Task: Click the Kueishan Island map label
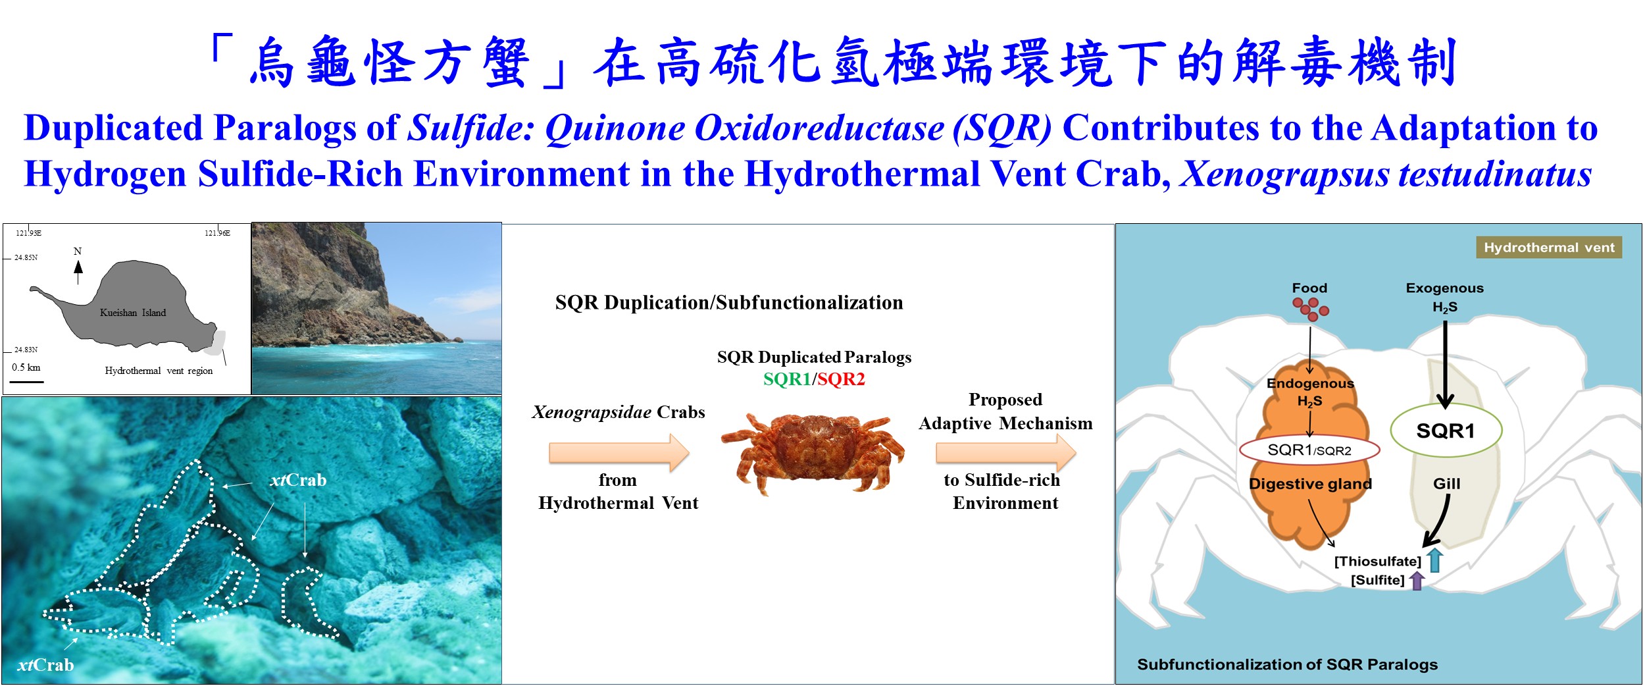coord(133,313)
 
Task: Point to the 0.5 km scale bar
coord(27,381)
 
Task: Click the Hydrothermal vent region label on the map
coord(159,371)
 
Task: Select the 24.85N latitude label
coord(26,257)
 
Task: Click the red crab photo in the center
coord(813,453)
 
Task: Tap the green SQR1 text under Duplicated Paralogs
coord(787,379)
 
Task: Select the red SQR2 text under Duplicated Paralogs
coord(841,379)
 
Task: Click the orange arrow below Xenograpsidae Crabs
coord(619,452)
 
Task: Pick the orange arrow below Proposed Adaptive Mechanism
coord(1006,452)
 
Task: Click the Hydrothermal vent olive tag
coord(1549,248)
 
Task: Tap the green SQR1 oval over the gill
coord(1446,431)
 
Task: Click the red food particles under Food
coord(1311,308)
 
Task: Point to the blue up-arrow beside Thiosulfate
coord(1436,560)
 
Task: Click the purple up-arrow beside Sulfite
coord(1417,580)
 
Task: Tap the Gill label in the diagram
coord(1447,484)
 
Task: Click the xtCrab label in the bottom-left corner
coord(45,665)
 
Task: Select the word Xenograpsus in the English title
coord(1283,174)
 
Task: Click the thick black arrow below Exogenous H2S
coord(1445,364)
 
